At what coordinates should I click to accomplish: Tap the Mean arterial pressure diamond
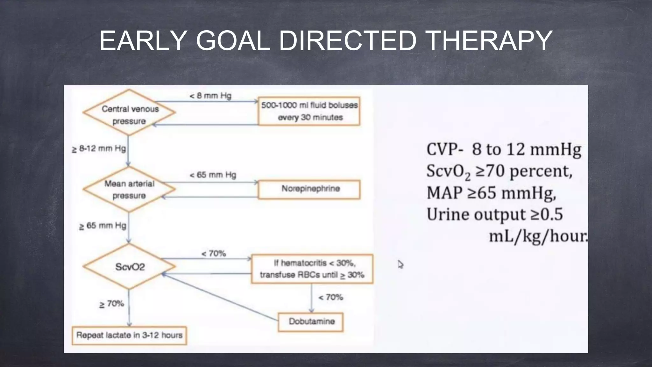(x=129, y=189)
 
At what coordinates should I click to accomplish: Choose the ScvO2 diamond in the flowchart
(x=129, y=267)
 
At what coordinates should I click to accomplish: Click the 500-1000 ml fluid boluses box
(x=309, y=111)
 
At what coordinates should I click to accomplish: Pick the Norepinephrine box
(x=309, y=189)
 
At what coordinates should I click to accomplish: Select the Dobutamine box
(x=311, y=322)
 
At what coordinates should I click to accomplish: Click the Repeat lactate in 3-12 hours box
(x=129, y=335)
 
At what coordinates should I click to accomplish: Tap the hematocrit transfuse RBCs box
(x=312, y=269)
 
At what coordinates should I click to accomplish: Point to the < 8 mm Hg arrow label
(x=210, y=96)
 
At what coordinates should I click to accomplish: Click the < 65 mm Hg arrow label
(x=213, y=175)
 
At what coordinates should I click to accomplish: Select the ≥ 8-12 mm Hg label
(x=99, y=149)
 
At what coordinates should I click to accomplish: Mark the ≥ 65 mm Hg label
(x=103, y=226)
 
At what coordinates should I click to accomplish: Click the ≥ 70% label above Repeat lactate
(x=111, y=304)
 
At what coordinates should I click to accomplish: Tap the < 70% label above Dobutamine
(x=330, y=297)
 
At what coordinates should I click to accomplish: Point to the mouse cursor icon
(x=400, y=264)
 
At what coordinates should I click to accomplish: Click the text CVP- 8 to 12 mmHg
(x=503, y=149)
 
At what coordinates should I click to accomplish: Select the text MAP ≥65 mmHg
(x=491, y=193)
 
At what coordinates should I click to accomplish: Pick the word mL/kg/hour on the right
(x=538, y=236)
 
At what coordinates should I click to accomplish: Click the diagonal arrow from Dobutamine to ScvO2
(x=220, y=297)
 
